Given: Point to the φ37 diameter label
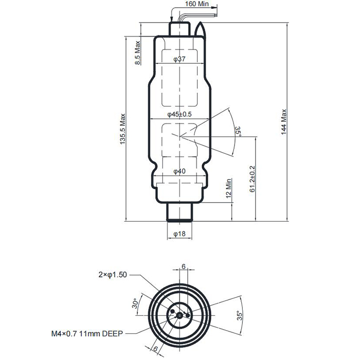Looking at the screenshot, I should tap(179, 60).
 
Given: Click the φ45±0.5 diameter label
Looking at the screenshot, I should tap(179, 115).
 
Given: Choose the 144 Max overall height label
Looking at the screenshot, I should tap(284, 121).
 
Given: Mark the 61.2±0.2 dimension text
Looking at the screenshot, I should tap(252, 178).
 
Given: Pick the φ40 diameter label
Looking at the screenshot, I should tap(179, 171).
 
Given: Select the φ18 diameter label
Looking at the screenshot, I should tap(179, 234).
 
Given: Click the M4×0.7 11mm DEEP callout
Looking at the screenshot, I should tap(87, 333).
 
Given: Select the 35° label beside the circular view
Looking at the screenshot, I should tap(238, 314).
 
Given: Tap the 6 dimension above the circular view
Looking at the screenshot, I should tap(183, 266).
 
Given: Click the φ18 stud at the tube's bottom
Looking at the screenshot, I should tap(179, 211).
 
